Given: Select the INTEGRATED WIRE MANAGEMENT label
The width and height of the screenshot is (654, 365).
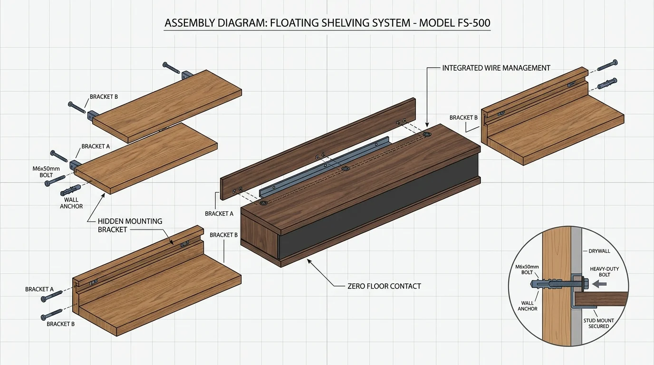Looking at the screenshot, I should point(496,68).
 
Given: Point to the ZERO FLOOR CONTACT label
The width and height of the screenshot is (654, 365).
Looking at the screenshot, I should point(384,286).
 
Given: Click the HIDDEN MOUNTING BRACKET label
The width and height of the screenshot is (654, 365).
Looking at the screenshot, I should point(130,225).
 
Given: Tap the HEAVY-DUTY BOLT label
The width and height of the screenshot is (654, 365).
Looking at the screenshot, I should point(605,272).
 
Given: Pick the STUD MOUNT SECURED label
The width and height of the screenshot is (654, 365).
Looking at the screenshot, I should point(598,323).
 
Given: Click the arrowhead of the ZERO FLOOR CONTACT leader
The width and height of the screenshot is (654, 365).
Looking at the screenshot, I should point(308,260).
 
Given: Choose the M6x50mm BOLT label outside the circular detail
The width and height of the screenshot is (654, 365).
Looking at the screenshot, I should point(47,172).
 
